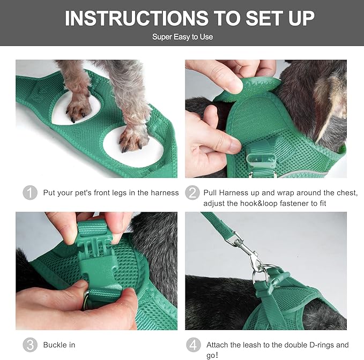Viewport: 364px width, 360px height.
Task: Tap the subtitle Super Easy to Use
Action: tap(182, 37)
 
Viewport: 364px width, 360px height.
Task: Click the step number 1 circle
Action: tap(30, 193)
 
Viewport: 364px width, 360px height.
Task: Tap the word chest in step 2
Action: tap(344, 193)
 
